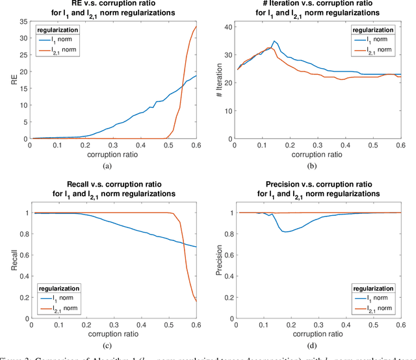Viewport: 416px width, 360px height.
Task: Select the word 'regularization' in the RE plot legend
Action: [58, 30]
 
